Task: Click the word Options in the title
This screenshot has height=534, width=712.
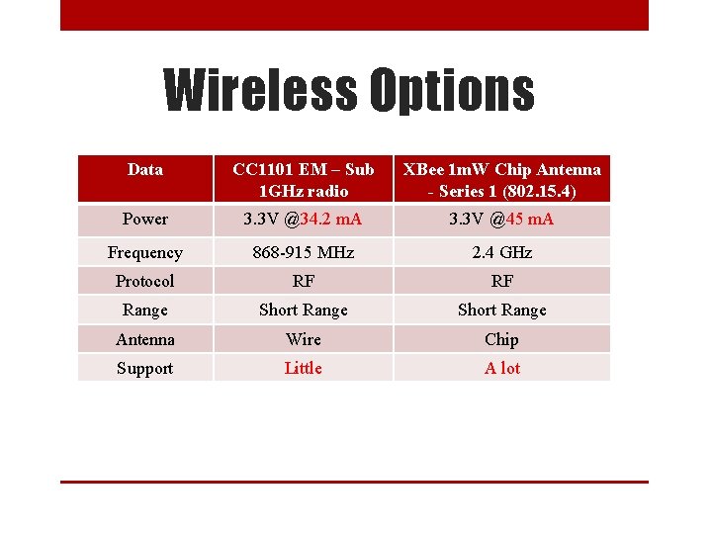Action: click(x=452, y=92)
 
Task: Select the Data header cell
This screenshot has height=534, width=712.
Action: click(x=145, y=170)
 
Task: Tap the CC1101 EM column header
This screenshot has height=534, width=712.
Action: click(x=303, y=179)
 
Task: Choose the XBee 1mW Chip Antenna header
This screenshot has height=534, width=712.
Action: click(x=501, y=179)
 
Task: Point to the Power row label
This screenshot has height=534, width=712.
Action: click(x=145, y=219)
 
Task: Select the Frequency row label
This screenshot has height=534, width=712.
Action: click(x=145, y=252)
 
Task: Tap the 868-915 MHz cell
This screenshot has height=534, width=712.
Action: click(x=303, y=252)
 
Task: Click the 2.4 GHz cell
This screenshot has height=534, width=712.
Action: click(x=501, y=252)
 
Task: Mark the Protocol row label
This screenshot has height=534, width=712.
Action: click(x=145, y=281)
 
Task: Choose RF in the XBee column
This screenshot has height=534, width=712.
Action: click(x=501, y=281)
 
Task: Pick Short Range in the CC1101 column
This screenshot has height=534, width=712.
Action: click(x=303, y=310)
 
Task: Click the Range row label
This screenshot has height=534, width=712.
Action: click(x=145, y=310)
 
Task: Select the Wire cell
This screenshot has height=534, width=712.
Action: click(x=303, y=339)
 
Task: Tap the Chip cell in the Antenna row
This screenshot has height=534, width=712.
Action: click(x=501, y=339)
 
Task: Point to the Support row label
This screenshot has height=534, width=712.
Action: click(x=145, y=368)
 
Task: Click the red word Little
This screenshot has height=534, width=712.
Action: click(x=303, y=368)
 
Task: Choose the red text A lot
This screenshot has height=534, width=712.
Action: click(x=501, y=368)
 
